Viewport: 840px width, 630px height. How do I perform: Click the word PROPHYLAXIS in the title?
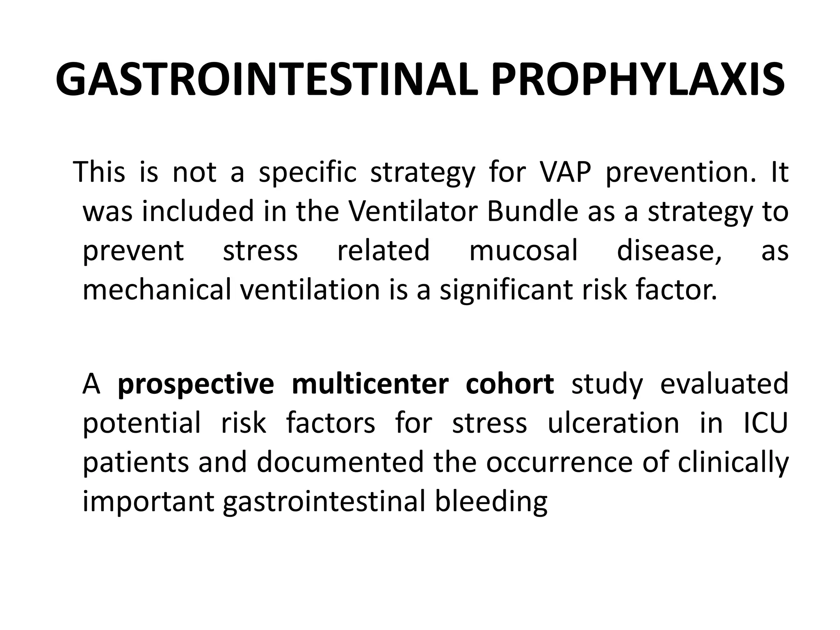pos(638,80)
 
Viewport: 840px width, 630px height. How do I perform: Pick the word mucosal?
pos(523,251)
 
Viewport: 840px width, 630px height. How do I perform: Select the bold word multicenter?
pos(370,384)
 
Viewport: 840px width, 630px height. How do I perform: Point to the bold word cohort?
pos(510,384)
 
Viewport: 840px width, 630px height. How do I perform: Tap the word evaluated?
pos(724,384)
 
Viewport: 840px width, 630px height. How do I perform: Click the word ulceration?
pos(614,423)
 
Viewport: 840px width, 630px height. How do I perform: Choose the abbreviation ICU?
pos(765,423)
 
